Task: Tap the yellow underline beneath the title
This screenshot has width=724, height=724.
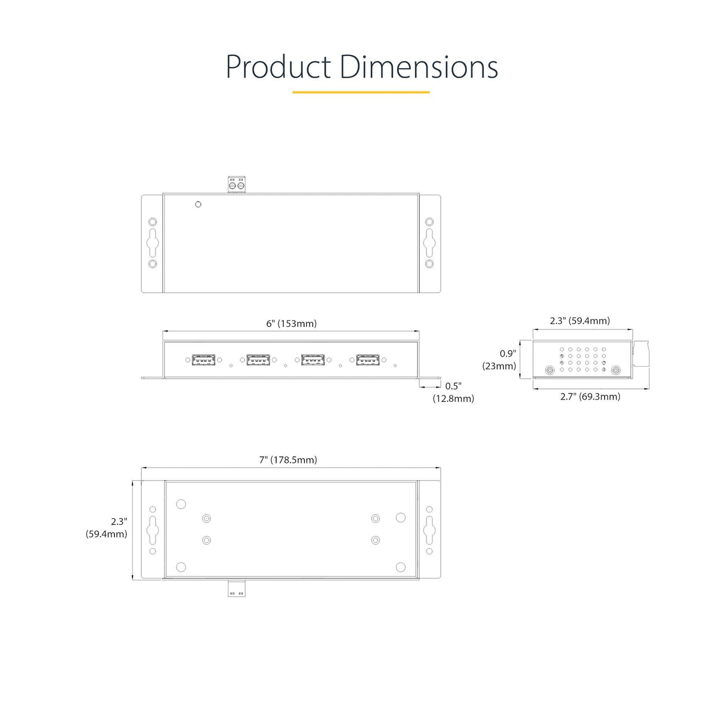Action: point(361,92)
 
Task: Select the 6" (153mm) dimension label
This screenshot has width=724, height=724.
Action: point(291,323)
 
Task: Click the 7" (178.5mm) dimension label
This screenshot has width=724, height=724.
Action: point(288,460)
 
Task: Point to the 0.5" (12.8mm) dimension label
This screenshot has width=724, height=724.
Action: point(453,392)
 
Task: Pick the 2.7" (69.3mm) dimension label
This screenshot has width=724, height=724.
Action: point(590,397)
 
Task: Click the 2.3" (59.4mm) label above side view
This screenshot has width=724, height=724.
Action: point(580,321)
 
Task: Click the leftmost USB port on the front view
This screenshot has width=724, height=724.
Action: point(203,360)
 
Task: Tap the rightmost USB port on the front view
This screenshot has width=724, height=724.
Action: point(368,360)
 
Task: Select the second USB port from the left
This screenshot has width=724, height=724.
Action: point(258,360)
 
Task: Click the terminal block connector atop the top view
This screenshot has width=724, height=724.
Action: point(236,185)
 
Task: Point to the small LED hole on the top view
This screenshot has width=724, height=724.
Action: point(199,205)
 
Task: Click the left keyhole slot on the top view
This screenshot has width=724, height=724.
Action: point(153,242)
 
